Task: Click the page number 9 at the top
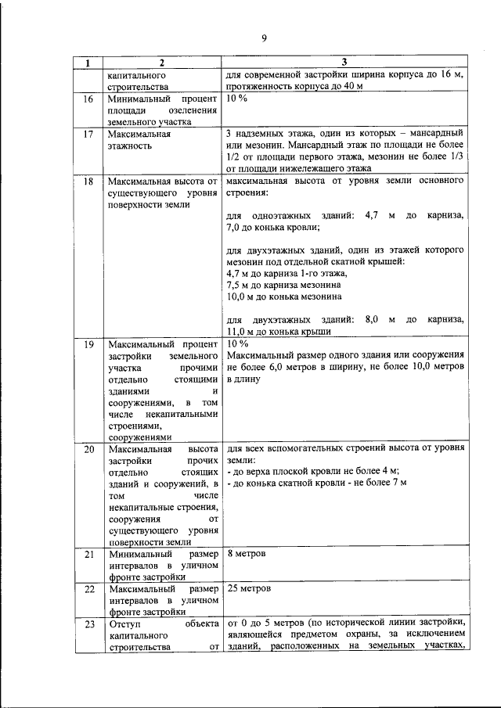coord(264,39)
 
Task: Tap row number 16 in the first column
coord(88,99)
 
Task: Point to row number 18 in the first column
coord(88,181)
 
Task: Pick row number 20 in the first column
coord(88,451)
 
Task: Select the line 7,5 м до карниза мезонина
coord(283,286)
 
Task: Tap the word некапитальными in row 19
coord(180,412)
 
